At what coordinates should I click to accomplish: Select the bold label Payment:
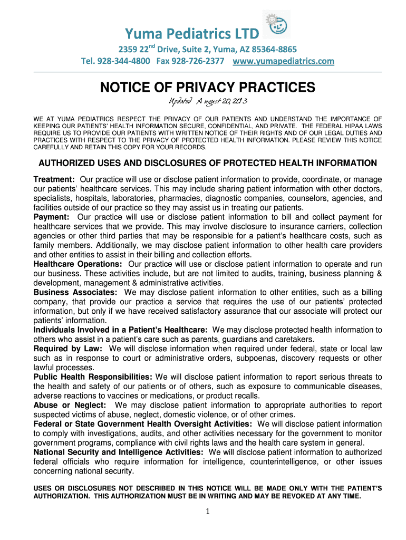[x=52, y=217]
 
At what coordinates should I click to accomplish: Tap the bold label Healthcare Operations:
[x=78, y=264]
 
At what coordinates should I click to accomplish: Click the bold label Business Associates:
[x=75, y=292]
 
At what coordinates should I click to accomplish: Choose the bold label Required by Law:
[x=69, y=349]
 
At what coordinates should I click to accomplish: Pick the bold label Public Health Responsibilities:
[x=93, y=377]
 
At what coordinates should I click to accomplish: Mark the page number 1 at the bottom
[x=208, y=512]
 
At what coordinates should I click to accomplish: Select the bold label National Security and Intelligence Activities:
[x=119, y=452]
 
